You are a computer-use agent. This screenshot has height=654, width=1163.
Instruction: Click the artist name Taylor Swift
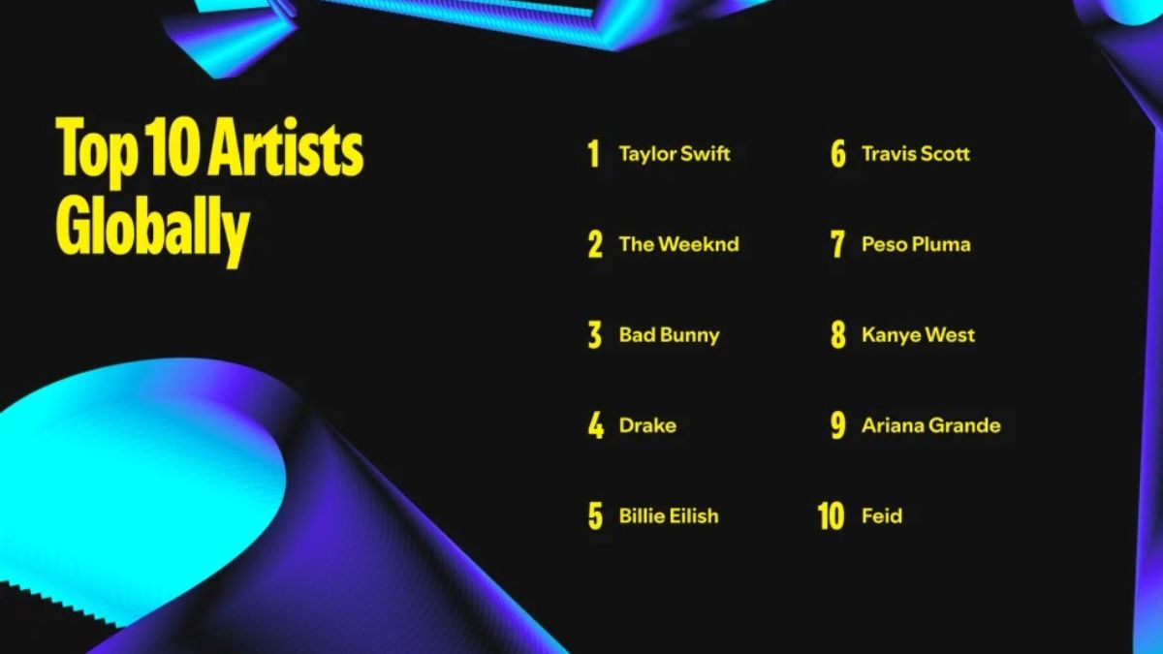(674, 154)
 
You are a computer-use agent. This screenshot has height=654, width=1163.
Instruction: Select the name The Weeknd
(678, 244)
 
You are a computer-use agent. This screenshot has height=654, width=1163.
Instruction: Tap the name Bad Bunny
(670, 335)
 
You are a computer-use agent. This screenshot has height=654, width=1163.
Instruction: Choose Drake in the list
(647, 425)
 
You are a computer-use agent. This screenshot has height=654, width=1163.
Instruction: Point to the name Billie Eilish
(669, 515)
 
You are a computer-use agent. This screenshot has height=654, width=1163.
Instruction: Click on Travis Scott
(915, 154)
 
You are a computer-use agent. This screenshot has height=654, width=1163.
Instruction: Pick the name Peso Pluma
(916, 244)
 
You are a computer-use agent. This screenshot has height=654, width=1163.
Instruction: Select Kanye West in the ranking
(918, 335)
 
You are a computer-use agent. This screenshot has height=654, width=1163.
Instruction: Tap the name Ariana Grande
(931, 425)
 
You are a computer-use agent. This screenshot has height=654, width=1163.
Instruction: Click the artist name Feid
(882, 515)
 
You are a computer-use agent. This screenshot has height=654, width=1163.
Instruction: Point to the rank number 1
(594, 154)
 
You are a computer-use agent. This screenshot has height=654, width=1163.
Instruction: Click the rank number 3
(595, 335)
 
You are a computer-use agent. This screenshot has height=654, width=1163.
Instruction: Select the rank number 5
(595, 515)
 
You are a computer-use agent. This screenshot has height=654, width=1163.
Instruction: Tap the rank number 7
(837, 244)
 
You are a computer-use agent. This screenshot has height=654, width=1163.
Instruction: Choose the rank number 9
(838, 425)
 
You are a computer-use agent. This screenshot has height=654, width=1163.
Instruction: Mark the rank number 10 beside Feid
(832, 515)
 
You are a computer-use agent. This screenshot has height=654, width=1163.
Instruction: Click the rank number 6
(838, 154)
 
